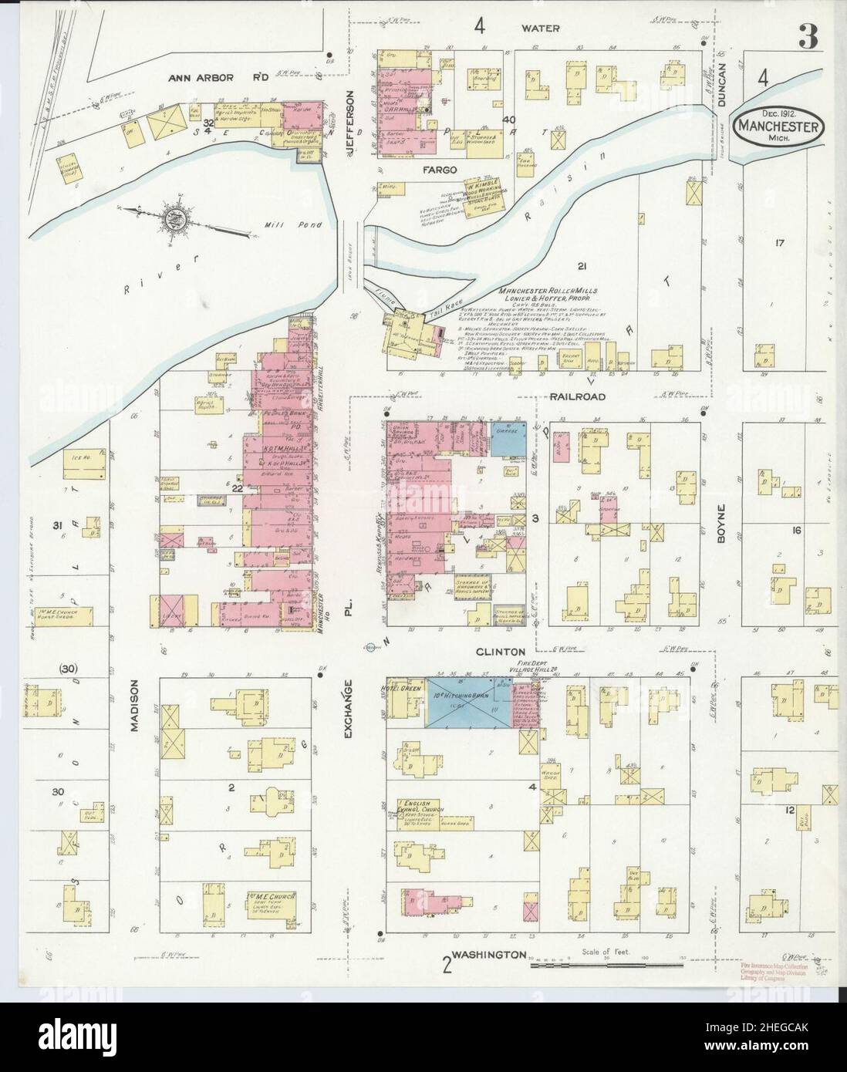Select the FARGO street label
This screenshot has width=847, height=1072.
pos(439,168)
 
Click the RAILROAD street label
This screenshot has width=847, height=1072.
pos(577,396)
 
